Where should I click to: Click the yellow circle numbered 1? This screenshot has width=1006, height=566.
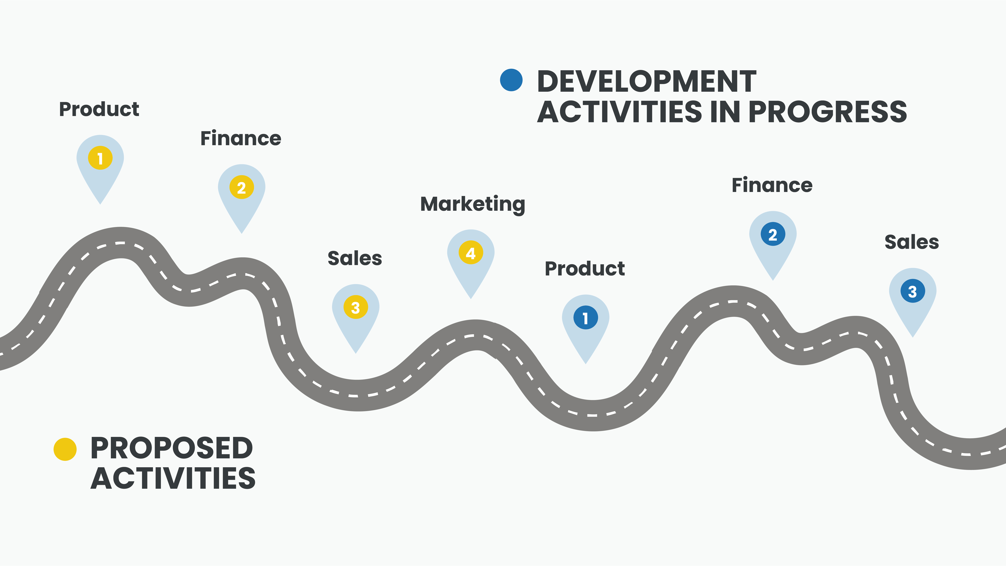point(100,158)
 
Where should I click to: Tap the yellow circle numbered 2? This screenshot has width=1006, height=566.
point(242,187)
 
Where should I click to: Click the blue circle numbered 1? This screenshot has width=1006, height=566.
point(585,318)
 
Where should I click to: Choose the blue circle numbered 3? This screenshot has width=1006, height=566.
point(913,291)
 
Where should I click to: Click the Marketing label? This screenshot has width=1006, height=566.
point(472,204)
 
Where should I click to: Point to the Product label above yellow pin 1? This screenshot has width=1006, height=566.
point(99,109)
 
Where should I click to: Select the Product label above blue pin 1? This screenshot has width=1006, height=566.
point(585,269)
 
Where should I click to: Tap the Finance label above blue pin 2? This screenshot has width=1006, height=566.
point(772,185)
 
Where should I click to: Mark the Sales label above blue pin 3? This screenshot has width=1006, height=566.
point(911,242)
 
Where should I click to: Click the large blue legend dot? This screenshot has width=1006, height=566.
point(511,80)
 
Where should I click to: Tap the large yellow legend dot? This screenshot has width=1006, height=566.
point(65,449)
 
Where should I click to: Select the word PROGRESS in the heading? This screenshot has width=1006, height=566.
point(828,112)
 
